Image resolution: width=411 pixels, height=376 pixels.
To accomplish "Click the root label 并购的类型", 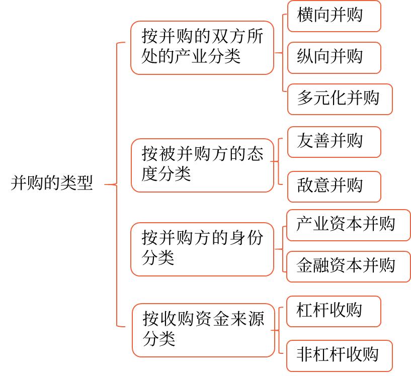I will coord(52,183).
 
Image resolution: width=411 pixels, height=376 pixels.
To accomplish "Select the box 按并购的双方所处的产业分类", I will coord(202,47).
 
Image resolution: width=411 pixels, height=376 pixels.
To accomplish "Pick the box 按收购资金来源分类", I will coord(203,330).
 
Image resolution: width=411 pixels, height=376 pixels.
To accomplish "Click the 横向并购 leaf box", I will coord(334,16).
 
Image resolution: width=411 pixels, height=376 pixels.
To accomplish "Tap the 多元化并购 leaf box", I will coord(340,99).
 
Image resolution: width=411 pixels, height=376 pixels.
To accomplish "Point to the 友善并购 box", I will coord(334,142).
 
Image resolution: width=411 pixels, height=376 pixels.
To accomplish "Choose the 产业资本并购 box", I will coord(348,225).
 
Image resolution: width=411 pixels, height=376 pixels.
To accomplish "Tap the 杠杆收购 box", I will coord(333,311).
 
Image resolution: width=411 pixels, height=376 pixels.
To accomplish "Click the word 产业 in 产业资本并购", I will coord(313,225).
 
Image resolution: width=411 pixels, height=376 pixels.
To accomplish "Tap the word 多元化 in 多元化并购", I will coord(321,99).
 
